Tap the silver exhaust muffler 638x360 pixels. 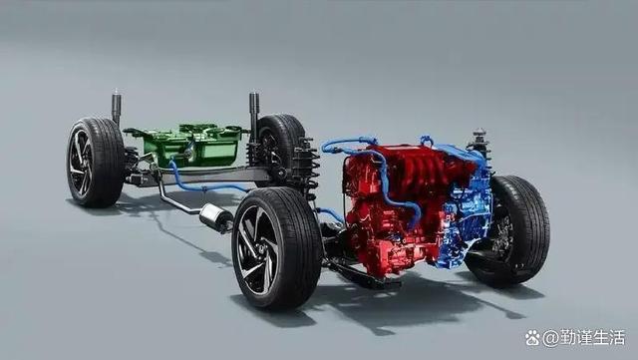point(215,217)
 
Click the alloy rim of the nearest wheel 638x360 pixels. point(257,249)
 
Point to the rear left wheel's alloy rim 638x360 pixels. point(80,164)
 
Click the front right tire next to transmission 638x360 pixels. point(511,231)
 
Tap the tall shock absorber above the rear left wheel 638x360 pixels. point(117,107)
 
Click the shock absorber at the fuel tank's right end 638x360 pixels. point(254,118)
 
